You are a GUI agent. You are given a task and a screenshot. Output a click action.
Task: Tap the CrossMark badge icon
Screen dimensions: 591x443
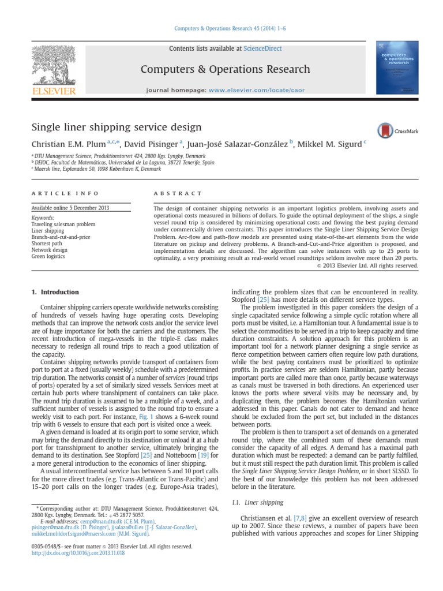click(386, 130)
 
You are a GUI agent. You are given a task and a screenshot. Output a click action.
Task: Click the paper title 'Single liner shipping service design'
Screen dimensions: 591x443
click(116, 126)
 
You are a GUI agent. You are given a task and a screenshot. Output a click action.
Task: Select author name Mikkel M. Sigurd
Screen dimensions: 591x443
click(328, 145)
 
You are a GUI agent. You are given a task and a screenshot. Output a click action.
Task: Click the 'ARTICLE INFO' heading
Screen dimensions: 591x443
click(65, 193)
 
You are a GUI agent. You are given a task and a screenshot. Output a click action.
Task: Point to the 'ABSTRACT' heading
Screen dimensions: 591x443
click(178, 193)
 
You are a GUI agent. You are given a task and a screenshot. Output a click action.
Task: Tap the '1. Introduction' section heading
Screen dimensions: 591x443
click(55, 293)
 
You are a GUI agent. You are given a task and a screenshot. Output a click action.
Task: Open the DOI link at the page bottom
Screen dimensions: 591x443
click(78, 552)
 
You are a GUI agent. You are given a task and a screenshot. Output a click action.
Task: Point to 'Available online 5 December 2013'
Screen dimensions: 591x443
click(70, 208)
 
